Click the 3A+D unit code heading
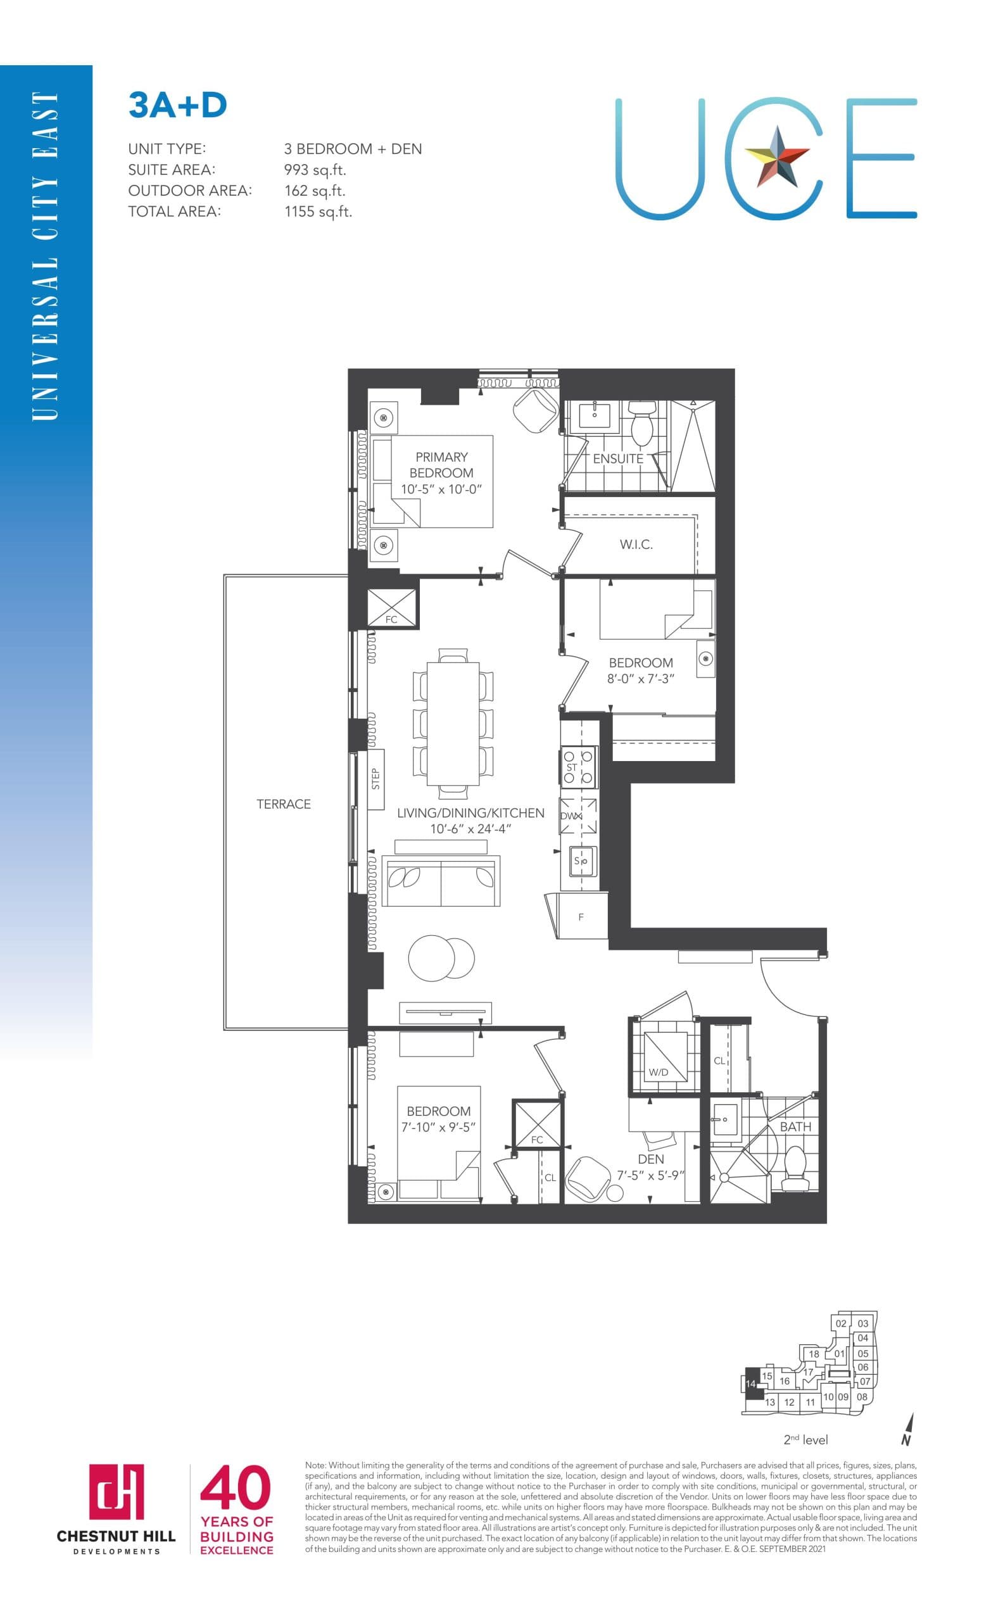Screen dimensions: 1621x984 coord(177,106)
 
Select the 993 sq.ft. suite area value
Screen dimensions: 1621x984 coord(315,170)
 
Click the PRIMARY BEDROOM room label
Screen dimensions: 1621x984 coord(441,465)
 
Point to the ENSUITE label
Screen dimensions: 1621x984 coord(617,458)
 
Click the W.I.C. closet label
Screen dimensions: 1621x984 coord(635,544)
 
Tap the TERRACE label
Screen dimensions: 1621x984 coord(284,804)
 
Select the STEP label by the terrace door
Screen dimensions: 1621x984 coord(375,779)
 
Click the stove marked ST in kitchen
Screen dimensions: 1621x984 coord(578,767)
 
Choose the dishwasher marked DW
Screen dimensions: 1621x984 coord(577,816)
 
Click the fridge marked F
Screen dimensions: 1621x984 coord(581,916)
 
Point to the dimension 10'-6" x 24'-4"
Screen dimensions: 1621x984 coord(470,829)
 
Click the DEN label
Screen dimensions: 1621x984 coord(650,1159)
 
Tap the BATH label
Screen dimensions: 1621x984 coord(795,1126)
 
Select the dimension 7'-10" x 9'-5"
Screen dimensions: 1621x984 coord(438,1127)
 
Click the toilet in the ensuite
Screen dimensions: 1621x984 coord(640,424)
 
